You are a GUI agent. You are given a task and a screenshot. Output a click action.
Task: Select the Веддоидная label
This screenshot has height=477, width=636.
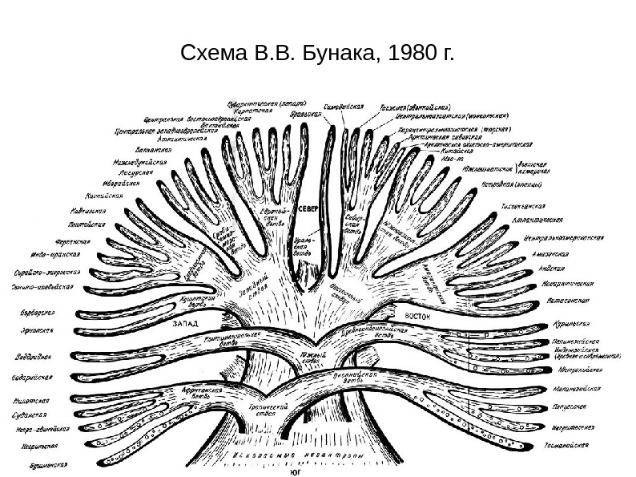[x=35, y=356]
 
